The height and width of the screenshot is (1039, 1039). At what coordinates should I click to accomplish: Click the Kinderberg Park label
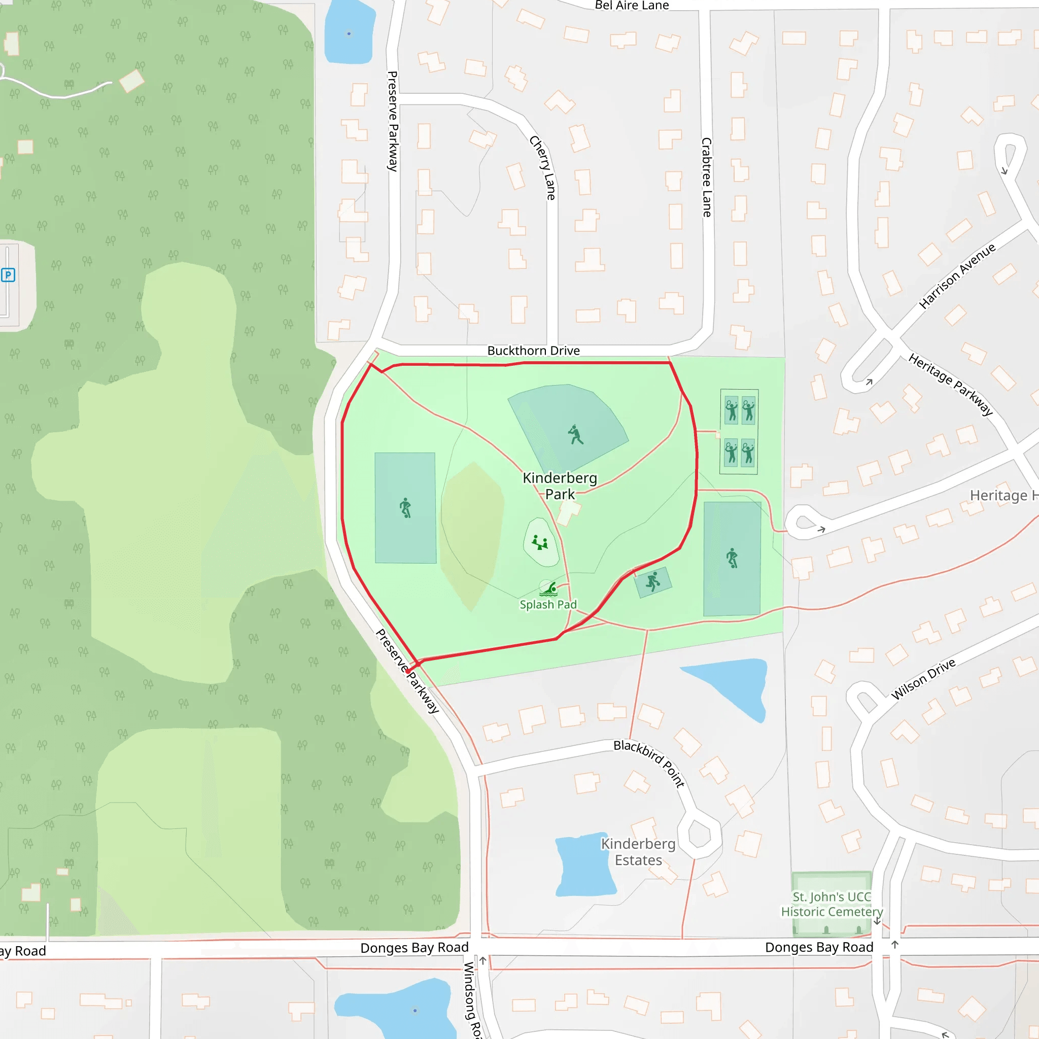[x=560, y=486]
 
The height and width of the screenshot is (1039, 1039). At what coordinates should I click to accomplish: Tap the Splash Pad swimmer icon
[x=549, y=590]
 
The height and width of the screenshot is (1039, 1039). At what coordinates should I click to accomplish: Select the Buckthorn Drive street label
[x=534, y=351]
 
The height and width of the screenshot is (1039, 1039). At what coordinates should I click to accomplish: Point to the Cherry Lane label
[x=543, y=168]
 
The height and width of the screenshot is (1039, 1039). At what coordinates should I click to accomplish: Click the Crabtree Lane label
[x=707, y=177]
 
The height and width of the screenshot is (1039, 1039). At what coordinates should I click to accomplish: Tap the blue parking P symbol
[x=8, y=275]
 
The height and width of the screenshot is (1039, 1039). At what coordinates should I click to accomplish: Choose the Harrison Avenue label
[x=957, y=276]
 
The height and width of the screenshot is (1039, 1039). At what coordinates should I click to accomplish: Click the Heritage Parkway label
[x=950, y=384]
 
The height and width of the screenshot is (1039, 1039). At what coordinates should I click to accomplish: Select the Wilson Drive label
[x=923, y=679]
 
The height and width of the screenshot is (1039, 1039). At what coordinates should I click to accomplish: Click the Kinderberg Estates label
[x=638, y=852]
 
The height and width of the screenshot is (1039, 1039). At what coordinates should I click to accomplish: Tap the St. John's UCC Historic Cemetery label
[x=832, y=904]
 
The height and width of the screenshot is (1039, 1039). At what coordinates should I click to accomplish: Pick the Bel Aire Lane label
[x=632, y=6]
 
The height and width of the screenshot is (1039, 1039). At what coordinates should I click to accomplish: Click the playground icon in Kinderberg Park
[x=540, y=542]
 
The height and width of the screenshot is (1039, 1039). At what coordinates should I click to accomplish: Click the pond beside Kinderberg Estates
[x=584, y=866]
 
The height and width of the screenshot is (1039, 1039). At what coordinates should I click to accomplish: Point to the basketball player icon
[x=653, y=581]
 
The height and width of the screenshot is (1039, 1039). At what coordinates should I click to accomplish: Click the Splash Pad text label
[x=548, y=604]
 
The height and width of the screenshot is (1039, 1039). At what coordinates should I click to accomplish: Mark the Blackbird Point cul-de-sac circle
[x=699, y=836]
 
